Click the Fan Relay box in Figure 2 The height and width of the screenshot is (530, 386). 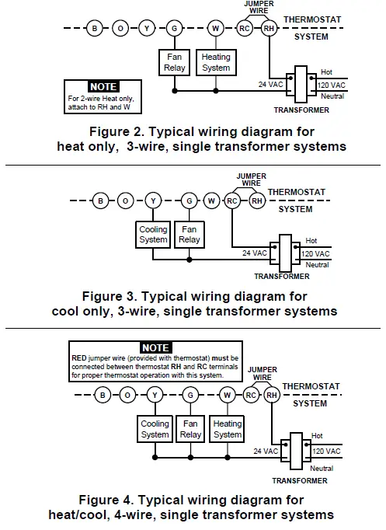point(173,62)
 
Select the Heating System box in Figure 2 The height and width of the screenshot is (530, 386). point(216,62)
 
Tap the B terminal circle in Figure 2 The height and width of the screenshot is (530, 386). point(95,29)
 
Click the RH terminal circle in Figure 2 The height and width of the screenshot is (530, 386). point(269,29)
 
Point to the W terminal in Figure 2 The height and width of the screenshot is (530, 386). point(216,29)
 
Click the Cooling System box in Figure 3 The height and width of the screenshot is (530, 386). point(153,235)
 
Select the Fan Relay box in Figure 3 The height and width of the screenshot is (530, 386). point(189,235)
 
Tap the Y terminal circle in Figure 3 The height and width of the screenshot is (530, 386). point(153,201)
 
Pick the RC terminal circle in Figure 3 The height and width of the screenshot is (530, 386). point(232,201)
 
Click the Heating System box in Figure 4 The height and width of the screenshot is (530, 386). point(227,429)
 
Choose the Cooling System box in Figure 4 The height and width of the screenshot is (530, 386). point(155,429)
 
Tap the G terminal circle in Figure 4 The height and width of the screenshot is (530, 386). point(190,396)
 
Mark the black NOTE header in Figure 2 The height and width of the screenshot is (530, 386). point(103,87)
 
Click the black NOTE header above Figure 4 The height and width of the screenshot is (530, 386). point(155,347)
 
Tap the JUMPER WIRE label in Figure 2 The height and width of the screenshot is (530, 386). point(259,8)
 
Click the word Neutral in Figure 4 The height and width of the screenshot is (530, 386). point(322,469)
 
